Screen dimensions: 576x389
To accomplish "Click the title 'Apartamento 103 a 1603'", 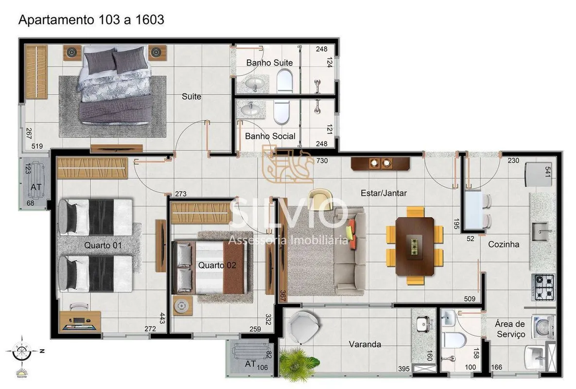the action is click(x=91, y=20).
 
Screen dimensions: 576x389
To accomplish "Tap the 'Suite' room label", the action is click(x=192, y=96).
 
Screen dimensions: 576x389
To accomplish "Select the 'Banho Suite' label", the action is click(x=269, y=63).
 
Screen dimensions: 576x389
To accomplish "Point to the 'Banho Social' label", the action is click(x=270, y=136).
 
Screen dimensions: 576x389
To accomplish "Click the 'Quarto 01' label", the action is click(x=103, y=245).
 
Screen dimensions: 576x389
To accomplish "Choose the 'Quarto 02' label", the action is click(x=217, y=265).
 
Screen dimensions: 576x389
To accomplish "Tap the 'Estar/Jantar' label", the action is click(x=384, y=193).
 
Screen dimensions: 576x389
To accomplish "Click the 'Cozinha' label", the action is click(x=504, y=244).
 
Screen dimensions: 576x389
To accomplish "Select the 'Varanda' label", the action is click(x=365, y=344).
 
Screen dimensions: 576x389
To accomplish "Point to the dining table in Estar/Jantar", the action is click(x=415, y=246).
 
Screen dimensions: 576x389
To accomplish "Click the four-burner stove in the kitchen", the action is click(x=543, y=286).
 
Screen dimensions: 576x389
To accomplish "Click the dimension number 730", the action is click(x=322, y=160).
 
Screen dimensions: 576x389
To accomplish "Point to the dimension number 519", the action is click(x=37, y=146).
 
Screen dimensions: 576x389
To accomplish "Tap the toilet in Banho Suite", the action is click(x=285, y=81).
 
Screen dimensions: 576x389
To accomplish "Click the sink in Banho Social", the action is click(x=251, y=109).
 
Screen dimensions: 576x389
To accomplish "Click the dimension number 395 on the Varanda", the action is click(x=404, y=369).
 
